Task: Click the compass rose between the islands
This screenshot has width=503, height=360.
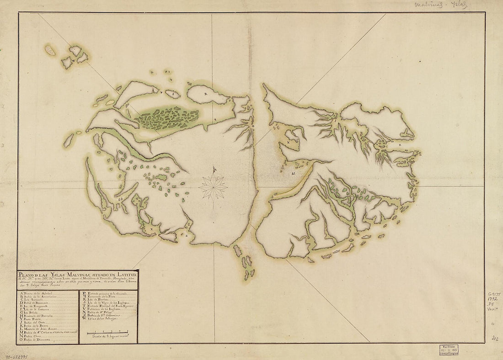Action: click(213, 185)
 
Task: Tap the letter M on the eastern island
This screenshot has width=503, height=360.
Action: click(293, 174)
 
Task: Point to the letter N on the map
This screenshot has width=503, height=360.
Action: click(289, 143)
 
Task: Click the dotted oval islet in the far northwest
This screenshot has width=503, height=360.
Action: click(50, 50)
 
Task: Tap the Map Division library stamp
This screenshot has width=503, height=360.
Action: click(448, 349)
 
